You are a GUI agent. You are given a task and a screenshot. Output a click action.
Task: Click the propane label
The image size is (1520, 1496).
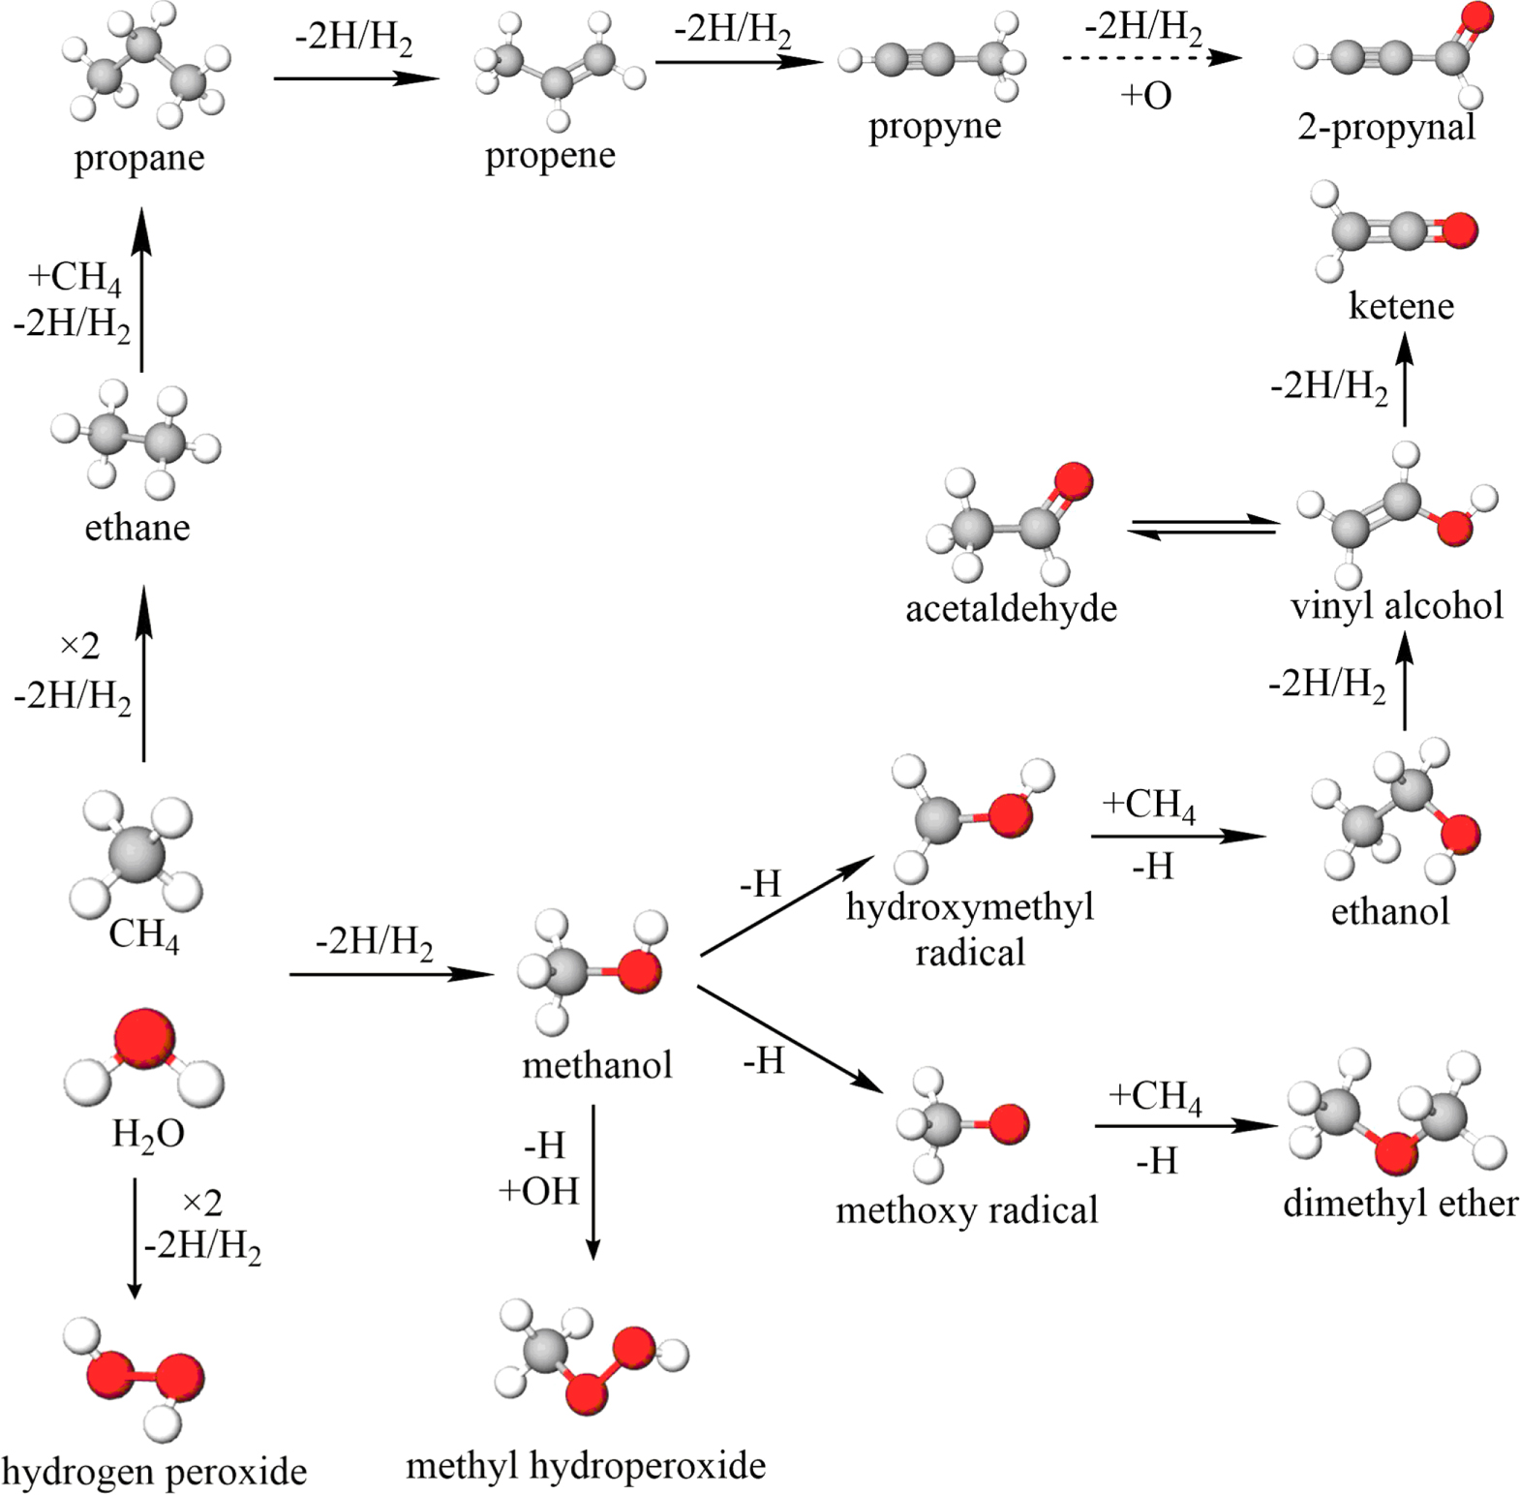coord(138,158)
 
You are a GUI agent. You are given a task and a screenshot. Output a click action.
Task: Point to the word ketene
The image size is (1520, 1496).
coord(1400,306)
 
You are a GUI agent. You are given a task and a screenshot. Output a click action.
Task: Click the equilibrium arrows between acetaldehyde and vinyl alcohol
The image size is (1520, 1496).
coord(1203,528)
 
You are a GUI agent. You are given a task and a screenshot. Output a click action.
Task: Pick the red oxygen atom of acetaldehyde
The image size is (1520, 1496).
coord(1072,481)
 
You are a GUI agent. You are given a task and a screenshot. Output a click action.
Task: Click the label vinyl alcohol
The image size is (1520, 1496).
coord(1396,606)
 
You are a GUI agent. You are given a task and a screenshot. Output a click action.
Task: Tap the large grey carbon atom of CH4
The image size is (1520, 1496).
coord(137,855)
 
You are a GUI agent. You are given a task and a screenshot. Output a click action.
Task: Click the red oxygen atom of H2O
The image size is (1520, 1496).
coord(145,1038)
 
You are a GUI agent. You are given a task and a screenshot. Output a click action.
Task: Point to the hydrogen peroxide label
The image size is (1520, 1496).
coord(154,1472)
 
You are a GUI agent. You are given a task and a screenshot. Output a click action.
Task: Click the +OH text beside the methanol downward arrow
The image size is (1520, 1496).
coord(538,1191)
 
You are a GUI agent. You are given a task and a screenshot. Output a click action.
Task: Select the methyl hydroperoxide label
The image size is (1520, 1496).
coord(585,1466)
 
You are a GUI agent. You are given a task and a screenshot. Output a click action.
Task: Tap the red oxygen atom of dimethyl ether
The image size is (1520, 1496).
coord(1395,1153)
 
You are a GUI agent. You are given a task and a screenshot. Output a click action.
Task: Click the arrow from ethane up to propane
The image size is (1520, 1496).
coord(142,290)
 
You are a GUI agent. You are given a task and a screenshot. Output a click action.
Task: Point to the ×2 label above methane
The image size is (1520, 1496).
coord(79,646)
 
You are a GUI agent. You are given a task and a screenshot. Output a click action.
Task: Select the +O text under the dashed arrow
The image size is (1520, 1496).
coord(1145,96)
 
